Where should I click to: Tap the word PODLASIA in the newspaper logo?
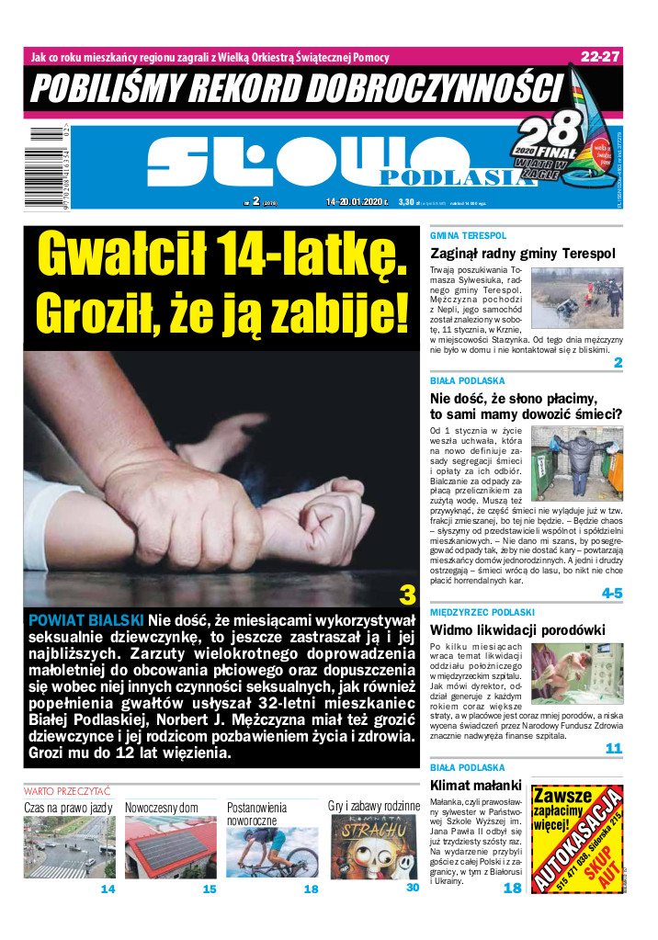pyautogui.click(x=456, y=177)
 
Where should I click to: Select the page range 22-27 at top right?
pyautogui.click(x=600, y=56)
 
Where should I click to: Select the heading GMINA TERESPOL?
pyautogui.click(x=468, y=236)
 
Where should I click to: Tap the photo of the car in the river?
pyautogui.click(x=578, y=297)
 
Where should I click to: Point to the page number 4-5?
pyautogui.click(x=612, y=594)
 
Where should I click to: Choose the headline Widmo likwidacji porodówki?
pyautogui.click(x=517, y=629)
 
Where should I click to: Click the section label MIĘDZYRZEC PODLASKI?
pyautogui.click(x=482, y=612)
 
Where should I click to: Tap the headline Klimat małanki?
pyautogui.click(x=475, y=785)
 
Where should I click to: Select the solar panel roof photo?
pyautogui.click(x=170, y=846)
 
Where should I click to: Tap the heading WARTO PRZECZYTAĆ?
pyautogui.click(x=67, y=790)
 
